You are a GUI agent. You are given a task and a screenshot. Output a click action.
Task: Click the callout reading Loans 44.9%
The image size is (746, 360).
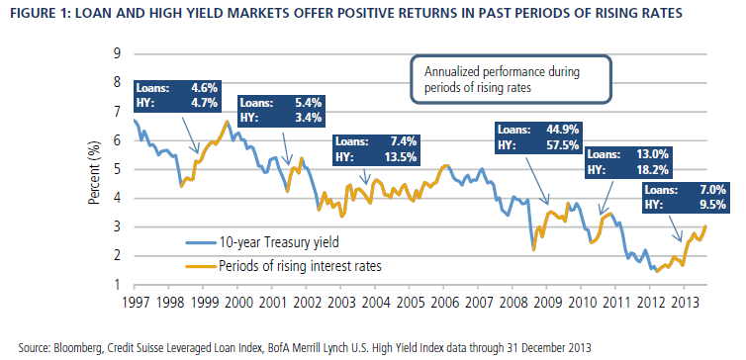(540, 137)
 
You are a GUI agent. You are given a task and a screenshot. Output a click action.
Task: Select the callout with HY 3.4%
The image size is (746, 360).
(282, 110)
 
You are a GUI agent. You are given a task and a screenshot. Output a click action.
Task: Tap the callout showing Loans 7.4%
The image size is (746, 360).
(376, 149)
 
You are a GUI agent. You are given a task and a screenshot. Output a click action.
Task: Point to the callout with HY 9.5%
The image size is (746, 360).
(685, 197)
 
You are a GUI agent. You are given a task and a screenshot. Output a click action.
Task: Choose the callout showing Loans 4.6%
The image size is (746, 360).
(177, 96)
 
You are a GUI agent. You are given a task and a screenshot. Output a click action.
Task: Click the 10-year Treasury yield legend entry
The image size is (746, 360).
(262, 243)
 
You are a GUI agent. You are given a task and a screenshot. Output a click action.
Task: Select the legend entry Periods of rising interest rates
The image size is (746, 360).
(283, 266)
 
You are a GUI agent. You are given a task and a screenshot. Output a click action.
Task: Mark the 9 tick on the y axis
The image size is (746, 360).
(117, 53)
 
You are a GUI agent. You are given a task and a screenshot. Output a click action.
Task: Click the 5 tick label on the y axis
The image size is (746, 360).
(117, 169)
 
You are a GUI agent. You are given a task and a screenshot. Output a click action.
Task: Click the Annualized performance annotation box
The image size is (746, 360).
(510, 79)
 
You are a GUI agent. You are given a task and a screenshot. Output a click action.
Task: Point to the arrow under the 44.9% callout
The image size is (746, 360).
(537, 178)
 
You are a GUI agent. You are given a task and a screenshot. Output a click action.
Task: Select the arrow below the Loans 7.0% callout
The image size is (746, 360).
(674, 226)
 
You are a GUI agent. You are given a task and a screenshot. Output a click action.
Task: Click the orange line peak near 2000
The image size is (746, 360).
(227, 122)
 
